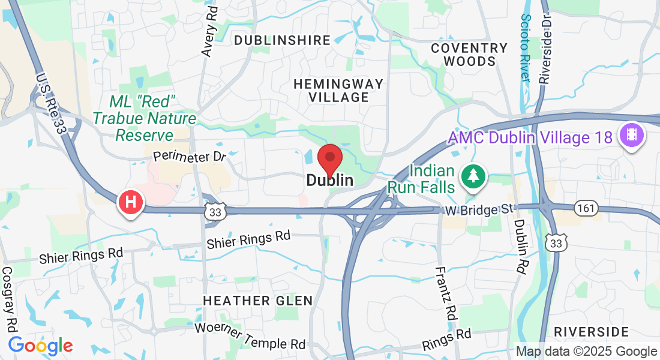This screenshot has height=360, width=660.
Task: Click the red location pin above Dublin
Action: tap(329, 158)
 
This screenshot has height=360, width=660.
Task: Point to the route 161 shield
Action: tap(585, 208)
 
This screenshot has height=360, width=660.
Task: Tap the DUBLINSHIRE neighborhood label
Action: tap(282, 40)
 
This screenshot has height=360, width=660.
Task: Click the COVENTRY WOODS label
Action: tap(470, 54)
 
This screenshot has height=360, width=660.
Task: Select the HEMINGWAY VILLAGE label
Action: tap(338, 90)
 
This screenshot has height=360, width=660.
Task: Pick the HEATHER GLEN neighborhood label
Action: tap(258, 300)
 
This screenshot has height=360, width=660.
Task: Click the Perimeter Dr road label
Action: tap(189, 156)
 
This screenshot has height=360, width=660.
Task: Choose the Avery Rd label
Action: tap(209, 32)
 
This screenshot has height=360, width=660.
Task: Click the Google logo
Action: tap(40, 346)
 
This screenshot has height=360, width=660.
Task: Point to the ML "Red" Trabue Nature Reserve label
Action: tap(144, 118)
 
